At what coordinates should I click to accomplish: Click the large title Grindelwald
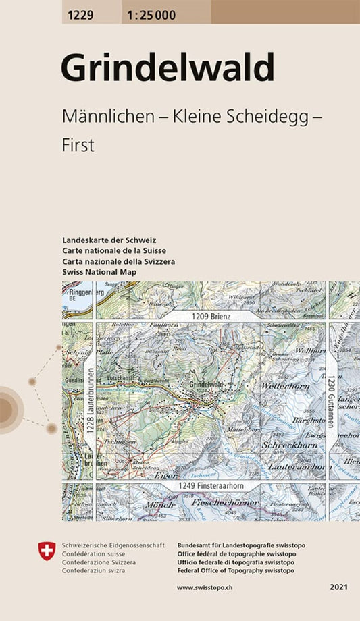(x=168, y=67)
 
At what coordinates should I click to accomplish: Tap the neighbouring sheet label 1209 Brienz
(x=210, y=315)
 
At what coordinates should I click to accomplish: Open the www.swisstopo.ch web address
(x=205, y=588)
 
